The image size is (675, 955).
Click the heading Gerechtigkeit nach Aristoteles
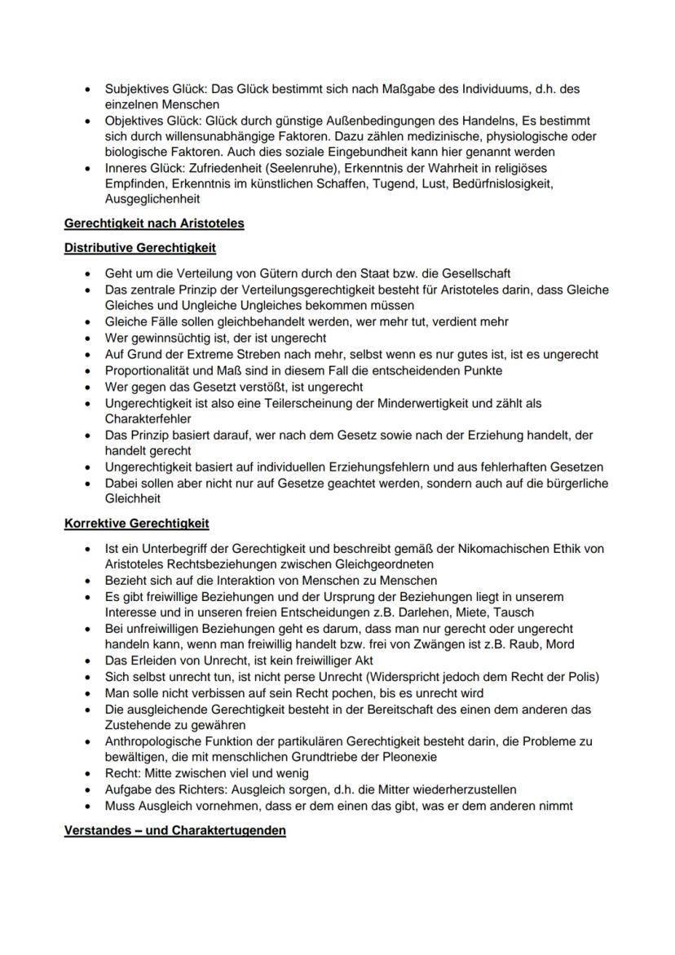[154, 223]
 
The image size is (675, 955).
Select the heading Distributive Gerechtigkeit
[140, 247]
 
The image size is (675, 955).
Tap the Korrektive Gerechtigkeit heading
[137, 523]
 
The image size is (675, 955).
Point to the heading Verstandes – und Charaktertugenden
[174, 830]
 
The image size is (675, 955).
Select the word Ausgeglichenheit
[152, 199]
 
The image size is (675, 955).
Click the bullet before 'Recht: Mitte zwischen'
[87, 773]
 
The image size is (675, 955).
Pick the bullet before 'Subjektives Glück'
[87, 89]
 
